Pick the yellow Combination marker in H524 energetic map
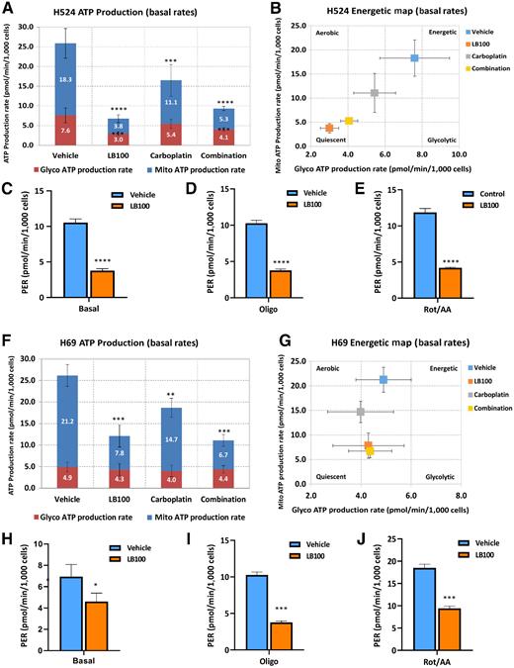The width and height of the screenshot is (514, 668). [349, 121]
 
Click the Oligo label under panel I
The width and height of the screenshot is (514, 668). [254, 659]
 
